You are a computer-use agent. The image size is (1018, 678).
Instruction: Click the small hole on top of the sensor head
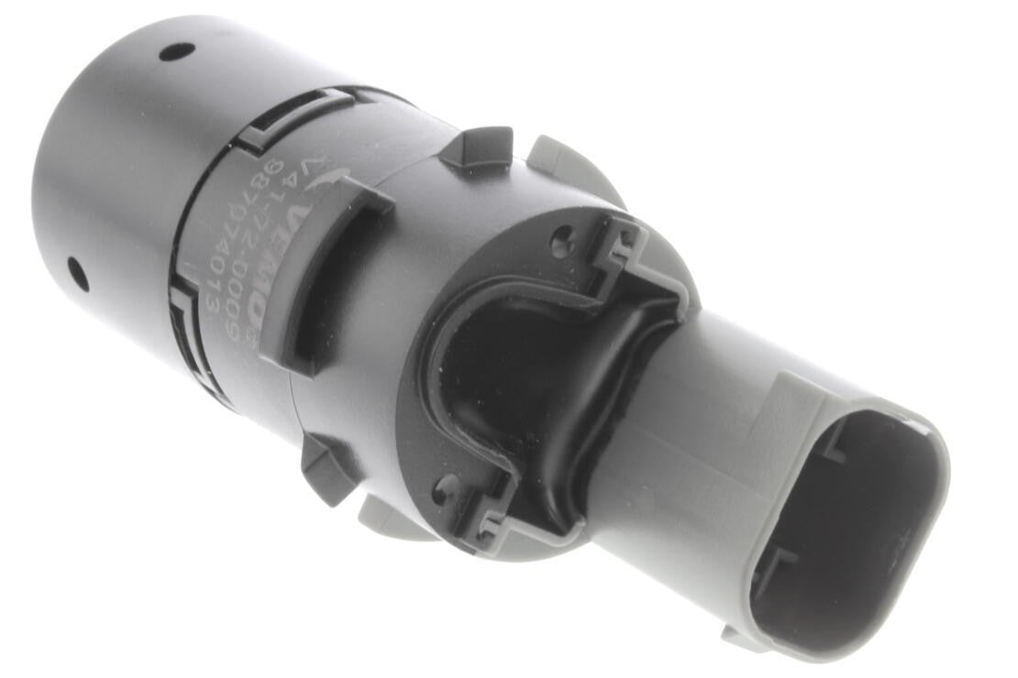click(176, 51)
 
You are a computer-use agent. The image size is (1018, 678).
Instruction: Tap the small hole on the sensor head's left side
click(78, 273)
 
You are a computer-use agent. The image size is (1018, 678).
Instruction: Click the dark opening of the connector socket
click(839, 531)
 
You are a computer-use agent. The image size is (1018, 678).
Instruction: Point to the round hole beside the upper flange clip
click(562, 243)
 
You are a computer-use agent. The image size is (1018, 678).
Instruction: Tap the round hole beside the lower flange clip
click(447, 485)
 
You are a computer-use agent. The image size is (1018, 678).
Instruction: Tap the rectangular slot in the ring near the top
click(293, 115)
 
